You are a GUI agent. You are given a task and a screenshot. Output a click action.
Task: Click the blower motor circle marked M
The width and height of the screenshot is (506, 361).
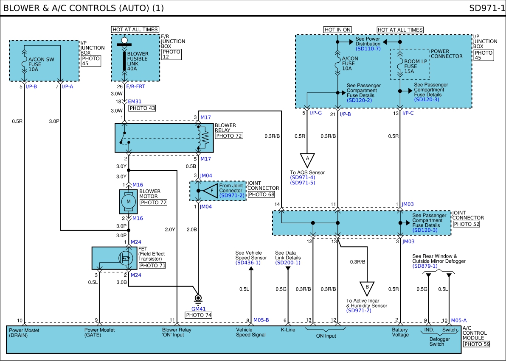(129, 202)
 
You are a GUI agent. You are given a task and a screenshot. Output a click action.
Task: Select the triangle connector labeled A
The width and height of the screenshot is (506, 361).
(307, 160)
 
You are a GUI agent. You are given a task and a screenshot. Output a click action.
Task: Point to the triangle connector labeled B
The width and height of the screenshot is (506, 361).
(367, 288)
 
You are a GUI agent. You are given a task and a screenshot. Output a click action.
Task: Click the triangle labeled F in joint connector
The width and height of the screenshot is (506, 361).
(210, 191)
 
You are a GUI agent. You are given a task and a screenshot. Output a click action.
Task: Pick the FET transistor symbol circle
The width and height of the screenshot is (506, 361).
(126, 258)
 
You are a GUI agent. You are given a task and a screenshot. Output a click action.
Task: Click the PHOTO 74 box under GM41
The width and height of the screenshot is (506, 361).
(199, 315)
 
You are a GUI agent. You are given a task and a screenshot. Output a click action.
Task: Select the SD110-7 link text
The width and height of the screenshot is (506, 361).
(368, 49)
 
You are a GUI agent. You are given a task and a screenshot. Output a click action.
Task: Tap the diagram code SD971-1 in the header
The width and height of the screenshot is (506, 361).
(486, 8)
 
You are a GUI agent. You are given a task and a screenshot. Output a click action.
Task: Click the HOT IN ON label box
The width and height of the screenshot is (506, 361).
(337, 30)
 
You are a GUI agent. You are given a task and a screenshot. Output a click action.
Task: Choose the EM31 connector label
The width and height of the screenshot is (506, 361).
(135, 101)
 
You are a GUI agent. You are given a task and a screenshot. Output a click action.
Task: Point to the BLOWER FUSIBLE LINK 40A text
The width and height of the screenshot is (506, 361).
(138, 61)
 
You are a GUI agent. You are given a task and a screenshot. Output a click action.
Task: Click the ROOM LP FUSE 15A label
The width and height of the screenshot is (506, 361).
(416, 67)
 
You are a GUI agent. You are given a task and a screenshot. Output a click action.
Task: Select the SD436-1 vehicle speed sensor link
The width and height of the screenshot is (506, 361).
(248, 263)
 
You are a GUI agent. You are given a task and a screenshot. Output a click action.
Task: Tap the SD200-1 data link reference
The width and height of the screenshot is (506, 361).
(288, 263)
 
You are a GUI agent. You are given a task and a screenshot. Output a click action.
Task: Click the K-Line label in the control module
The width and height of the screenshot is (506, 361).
(288, 330)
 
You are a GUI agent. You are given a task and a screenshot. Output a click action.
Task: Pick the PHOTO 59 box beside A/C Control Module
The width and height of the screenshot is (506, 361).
(477, 344)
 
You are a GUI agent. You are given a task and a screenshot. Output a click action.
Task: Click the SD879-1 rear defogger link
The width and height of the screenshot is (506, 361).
(425, 266)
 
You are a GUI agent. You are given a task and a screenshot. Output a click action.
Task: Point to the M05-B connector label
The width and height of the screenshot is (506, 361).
(261, 320)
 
